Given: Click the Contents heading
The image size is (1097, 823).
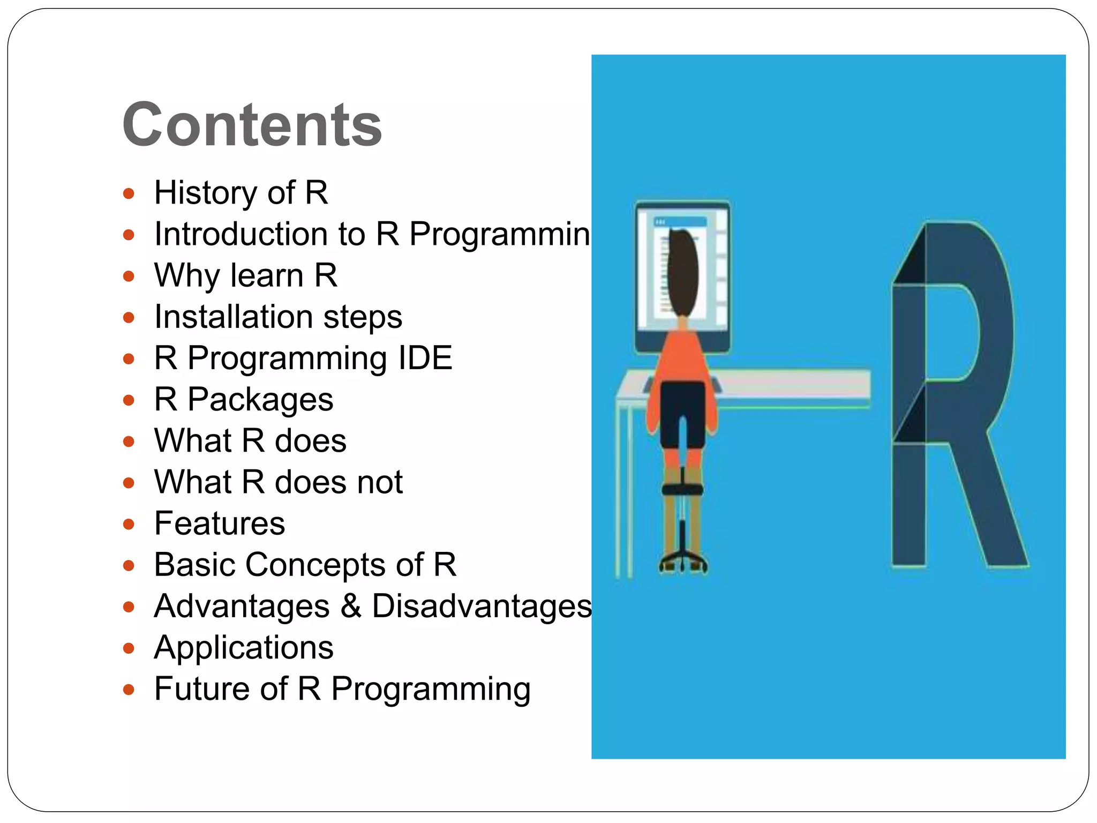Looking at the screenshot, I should [252, 124].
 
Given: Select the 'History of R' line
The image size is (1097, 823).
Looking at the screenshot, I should [241, 192].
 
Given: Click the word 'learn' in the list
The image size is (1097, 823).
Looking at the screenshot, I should [266, 275].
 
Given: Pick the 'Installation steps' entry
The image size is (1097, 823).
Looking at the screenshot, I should [278, 317].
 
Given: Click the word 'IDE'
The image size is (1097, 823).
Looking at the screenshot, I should [425, 358].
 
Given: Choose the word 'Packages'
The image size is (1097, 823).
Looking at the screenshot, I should [260, 400].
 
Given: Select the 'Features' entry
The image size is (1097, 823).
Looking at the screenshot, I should [220, 523].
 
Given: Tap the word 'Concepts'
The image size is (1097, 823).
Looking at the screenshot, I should [315, 564].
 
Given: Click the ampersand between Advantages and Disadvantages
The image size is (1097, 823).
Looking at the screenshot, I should [351, 605].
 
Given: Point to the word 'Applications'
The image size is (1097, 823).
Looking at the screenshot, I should [244, 647].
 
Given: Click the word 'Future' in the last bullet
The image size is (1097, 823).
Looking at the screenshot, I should [202, 689].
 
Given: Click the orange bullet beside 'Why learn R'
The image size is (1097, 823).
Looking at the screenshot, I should [129, 276].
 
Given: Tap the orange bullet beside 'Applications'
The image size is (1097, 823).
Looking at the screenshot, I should [129, 648].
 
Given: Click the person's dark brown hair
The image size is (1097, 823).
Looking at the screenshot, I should [683, 273].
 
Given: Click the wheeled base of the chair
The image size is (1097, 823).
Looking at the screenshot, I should [683, 563].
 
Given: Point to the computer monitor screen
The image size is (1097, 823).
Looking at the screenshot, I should [712, 273].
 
